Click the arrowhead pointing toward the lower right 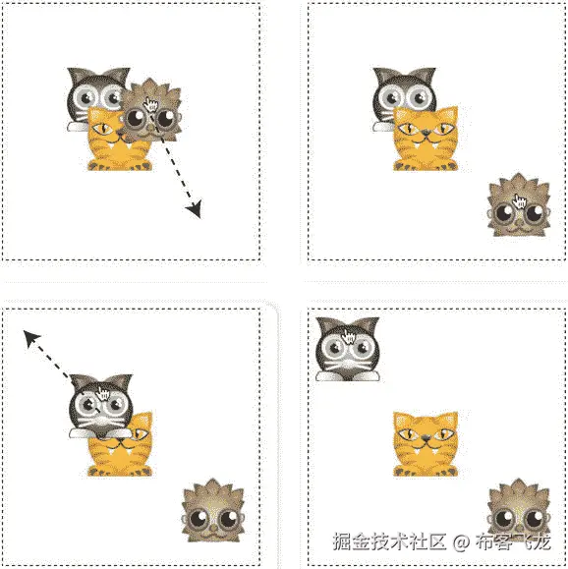pyautogui.click(x=195, y=209)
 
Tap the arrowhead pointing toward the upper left pyautogui.click(x=30, y=338)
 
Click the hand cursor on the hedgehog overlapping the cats pyautogui.click(x=151, y=104)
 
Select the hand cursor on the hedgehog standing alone pyautogui.click(x=520, y=201)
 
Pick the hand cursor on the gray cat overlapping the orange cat pyautogui.click(x=103, y=394)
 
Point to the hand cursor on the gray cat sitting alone pyautogui.click(x=349, y=337)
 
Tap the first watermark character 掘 pyautogui.click(x=342, y=541)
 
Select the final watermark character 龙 pyautogui.click(x=541, y=541)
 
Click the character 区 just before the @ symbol pyautogui.click(x=436, y=541)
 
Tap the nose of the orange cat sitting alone pyautogui.click(x=426, y=438)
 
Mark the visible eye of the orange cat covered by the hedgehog pyautogui.click(x=103, y=128)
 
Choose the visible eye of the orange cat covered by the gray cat pyautogui.click(x=142, y=433)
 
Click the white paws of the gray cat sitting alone pyautogui.click(x=348, y=377)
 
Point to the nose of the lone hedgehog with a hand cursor pyautogui.click(x=520, y=222)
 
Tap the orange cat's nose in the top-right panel pyautogui.click(x=426, y=133)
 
